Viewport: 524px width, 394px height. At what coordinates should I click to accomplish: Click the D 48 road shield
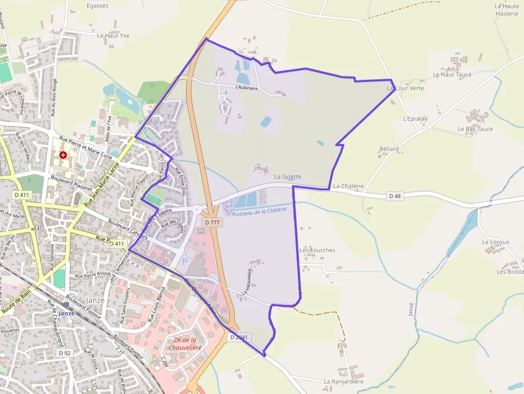point(395,196)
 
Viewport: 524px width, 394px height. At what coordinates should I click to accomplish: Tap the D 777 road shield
point(212,221)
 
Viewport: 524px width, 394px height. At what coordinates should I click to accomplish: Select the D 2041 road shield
point(240,337)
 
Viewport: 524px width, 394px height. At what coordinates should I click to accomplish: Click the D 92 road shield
point(65,353)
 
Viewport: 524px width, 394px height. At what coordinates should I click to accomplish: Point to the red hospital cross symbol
point(64,154)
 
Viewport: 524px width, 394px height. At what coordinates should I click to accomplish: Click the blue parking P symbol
point(186,261)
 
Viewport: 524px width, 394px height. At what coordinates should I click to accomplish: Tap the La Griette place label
point(288,176)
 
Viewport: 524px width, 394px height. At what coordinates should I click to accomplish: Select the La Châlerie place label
point(348,186)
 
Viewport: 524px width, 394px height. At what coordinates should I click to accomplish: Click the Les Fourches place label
point(317,250)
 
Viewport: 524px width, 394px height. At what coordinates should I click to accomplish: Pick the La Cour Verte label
point(405,88)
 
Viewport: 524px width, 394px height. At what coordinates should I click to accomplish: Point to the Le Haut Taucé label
point(452,75)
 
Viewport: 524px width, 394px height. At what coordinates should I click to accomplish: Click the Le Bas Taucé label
point(475,129)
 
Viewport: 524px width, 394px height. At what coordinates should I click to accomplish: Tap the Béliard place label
point(389,149)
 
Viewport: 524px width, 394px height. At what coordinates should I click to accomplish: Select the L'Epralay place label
point(415,118)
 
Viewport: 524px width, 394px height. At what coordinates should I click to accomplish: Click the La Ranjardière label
point(343,382)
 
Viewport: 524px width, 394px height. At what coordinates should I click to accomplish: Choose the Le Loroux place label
point(495,242)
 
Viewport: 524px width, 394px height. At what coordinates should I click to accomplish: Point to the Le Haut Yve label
point(113,35)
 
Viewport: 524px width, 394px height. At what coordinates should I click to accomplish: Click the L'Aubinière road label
point(246,87)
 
